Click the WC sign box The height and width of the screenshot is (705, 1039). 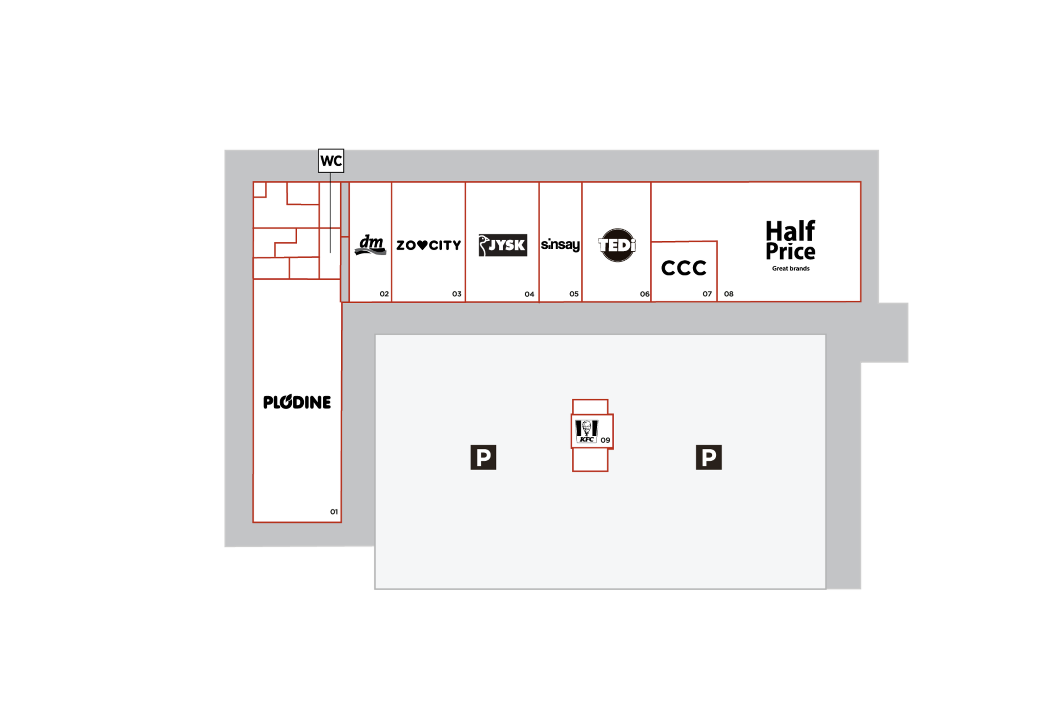(x=331, y=161)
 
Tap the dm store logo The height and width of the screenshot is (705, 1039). (x=371, y=245)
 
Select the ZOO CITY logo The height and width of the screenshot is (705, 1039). (x=428, y=245)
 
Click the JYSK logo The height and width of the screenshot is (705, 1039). (x=502, y=245)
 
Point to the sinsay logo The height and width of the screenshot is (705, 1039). (x=560, y=245)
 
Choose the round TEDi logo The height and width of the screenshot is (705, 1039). (x=617, y=245)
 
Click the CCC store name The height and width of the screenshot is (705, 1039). (x=684, y=268)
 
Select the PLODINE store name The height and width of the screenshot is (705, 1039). (x=297, y=402)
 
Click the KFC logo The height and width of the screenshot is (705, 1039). (x=586, y=431)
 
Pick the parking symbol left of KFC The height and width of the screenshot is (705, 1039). (x=483, y=457)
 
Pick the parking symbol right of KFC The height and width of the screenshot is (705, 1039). (x=709, y=457)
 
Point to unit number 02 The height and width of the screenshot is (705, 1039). (x=384, y=294)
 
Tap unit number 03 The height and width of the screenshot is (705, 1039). (x=456, y=294)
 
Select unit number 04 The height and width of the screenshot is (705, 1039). (x=529, y=294)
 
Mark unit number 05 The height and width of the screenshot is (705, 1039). (x=574, y=294)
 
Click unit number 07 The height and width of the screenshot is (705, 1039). (x=707, y=294)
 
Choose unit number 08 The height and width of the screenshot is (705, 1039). (x=729, y=294)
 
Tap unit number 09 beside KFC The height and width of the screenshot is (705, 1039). (x=606, y=440)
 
